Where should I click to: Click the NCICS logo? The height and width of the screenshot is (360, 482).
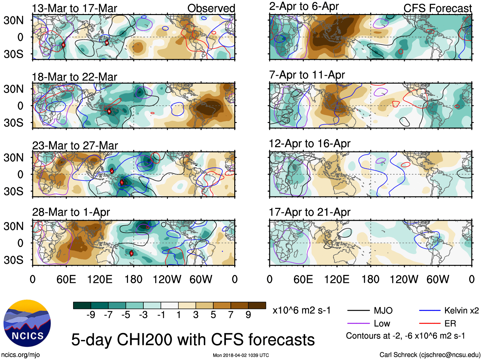click(x=27, y=323)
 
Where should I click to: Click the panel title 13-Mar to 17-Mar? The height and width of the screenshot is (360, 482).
click(x=74, y=8)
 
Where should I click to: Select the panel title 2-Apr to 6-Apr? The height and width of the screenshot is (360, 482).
click(x=304, y=6)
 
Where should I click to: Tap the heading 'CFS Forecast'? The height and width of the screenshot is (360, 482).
click(x=437, y=8)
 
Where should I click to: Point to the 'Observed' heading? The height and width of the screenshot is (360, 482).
click(x=211, y=8)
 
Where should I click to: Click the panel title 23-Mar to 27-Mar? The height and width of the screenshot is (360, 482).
click(x=75, y=146)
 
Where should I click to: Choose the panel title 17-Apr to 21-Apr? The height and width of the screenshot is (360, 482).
click(x=310, y=212)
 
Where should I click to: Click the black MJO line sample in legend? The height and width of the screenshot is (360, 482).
click(x=358, y=310)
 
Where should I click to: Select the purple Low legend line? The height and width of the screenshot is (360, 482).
click(x=358, y=324)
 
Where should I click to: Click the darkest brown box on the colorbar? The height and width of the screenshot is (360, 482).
click(x=257, y=305)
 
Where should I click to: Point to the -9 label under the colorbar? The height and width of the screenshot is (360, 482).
click(x=91, y=315)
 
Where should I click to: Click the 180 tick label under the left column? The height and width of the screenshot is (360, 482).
click(x=133, y=280)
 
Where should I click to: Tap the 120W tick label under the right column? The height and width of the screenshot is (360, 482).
click(x=404, y=280)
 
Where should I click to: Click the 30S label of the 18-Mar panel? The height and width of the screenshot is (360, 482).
click(x=13, y=123)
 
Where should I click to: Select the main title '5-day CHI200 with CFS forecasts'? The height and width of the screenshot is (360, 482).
click(x=193, y=340)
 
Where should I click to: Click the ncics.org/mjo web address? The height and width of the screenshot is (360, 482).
click(x=20, y=355)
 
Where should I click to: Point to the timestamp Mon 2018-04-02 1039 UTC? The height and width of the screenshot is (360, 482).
click(x=241, y=355)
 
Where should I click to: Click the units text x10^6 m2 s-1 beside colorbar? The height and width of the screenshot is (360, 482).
click(x=301, y=310)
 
